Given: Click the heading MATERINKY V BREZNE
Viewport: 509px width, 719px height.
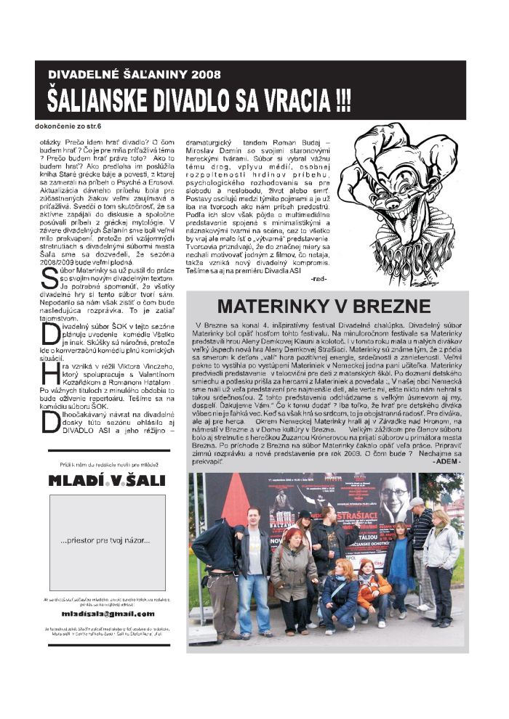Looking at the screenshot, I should click(324, 306).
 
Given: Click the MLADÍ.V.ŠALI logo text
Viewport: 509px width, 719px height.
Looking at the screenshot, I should click(107, 480).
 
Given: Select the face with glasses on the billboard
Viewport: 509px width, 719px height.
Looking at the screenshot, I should click(393, 500).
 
